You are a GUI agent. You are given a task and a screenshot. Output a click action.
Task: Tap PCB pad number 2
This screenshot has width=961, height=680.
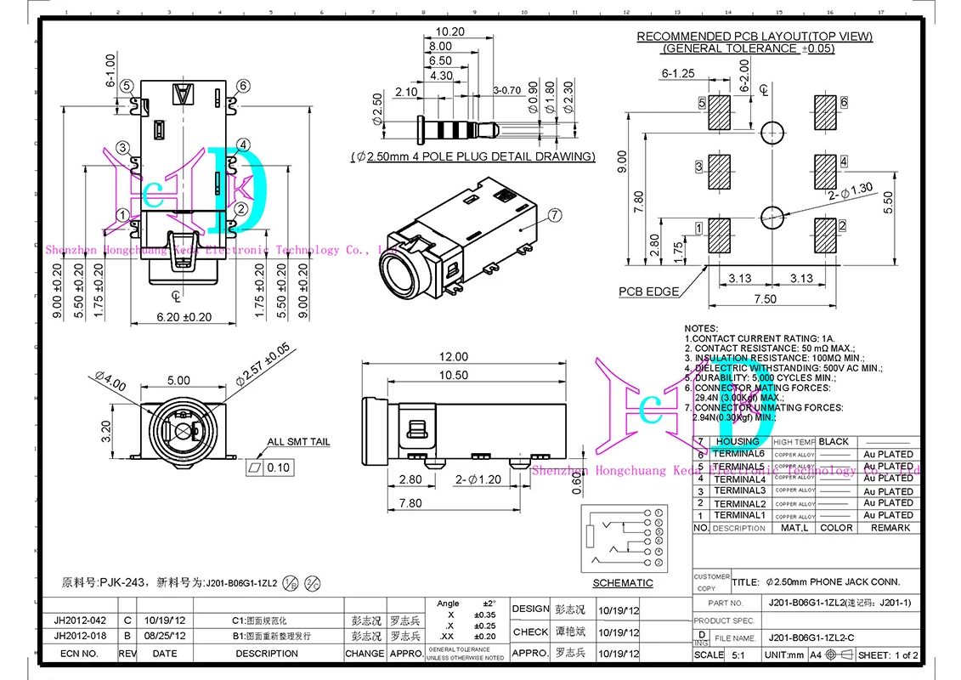(825, 235)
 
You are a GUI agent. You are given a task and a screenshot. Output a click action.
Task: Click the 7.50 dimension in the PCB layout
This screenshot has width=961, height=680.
(765, 298)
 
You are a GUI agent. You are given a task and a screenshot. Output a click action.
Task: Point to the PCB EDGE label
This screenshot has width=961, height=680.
(648, 292)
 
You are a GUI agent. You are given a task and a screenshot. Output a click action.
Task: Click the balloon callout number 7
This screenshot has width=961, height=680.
(554, 216)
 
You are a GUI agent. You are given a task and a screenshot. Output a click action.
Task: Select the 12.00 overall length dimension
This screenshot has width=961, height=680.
(454, 356)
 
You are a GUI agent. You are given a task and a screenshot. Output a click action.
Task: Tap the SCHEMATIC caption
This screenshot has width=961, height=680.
(623, 583)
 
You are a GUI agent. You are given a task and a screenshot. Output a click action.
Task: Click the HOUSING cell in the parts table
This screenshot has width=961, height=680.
(738, 442)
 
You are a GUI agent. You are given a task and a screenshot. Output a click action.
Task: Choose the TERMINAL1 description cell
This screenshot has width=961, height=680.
(739, 515)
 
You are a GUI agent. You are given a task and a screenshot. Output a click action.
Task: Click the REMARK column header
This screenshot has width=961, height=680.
(890, 528)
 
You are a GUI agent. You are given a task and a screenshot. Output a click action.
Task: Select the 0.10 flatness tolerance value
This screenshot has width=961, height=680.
(278, 467)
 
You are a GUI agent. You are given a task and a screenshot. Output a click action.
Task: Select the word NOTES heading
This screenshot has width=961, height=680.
(701, 328)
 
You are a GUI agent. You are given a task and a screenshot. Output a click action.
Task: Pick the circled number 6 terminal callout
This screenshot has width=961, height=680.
(243, 86)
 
